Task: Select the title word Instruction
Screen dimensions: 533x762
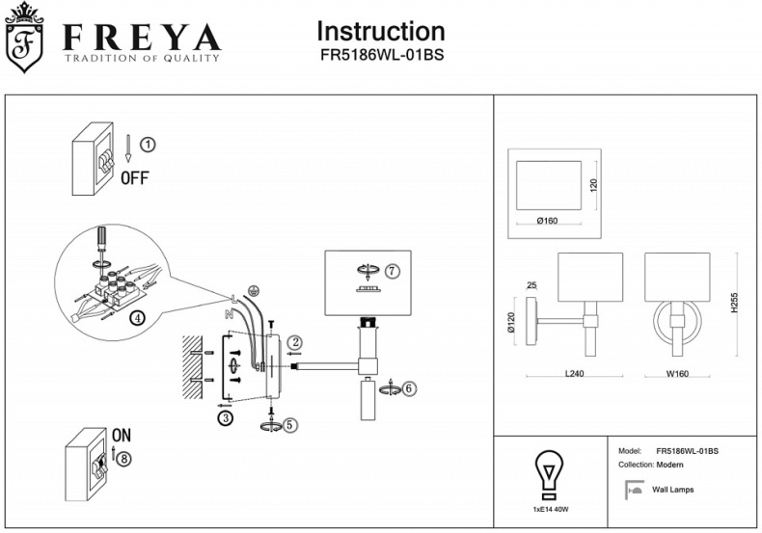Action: (x=381, y=32)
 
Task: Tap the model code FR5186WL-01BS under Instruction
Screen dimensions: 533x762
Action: (x=381, y=55)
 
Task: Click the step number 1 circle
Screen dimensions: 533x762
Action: (x=147, y=145)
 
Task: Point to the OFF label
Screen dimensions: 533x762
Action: (x=134, y=177)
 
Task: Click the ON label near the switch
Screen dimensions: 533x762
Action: (x=122, y=435)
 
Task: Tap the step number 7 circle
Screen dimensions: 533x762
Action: (x=392, y=271)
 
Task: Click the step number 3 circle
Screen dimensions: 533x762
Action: (x=225, y=418)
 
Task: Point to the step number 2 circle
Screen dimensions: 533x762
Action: (x=296, y=341)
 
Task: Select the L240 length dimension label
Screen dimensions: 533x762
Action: (x=576, y=375)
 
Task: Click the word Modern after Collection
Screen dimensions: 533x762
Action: (x=668, y=465)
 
